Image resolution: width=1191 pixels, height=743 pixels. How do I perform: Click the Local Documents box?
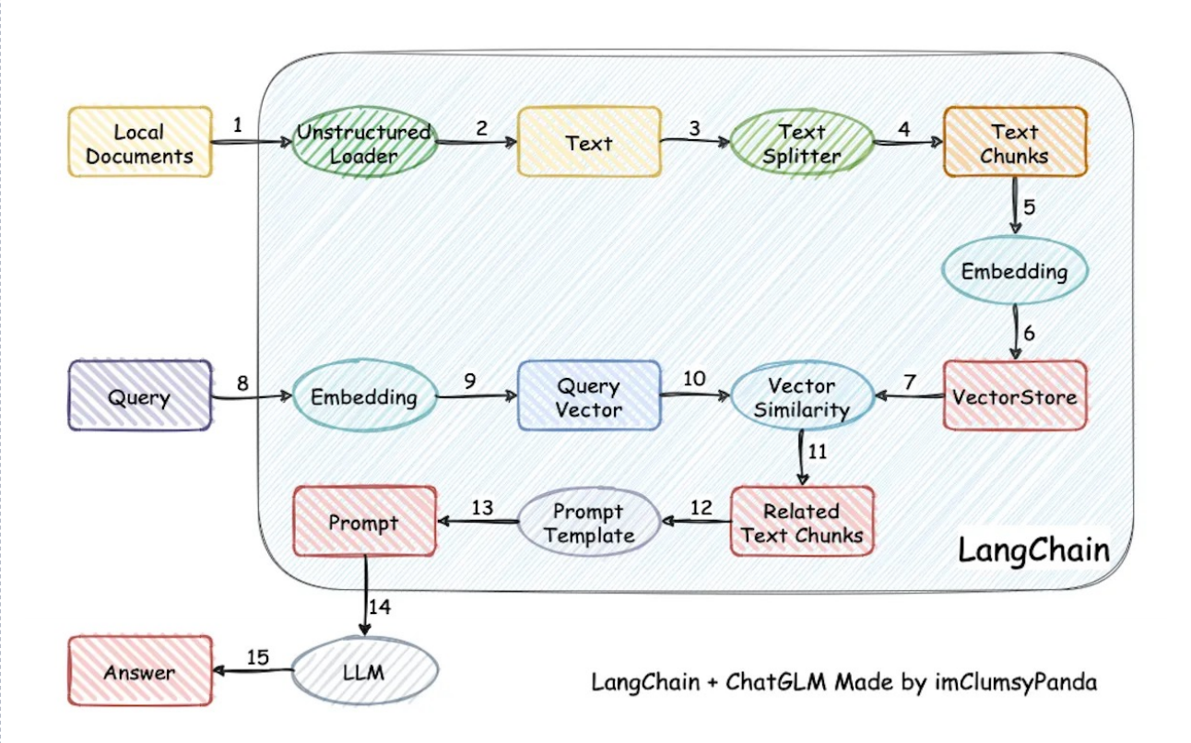[140, 142]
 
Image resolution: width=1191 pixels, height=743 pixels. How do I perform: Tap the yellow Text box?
[589, 142]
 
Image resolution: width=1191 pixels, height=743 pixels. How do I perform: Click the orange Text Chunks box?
[1014, 142]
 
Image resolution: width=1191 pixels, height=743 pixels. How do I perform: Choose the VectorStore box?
[1015, 395]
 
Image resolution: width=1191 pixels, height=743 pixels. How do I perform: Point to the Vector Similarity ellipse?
[801, 397]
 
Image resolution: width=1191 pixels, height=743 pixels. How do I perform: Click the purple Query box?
[140, 396]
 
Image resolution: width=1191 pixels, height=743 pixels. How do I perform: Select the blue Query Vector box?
[589, 396]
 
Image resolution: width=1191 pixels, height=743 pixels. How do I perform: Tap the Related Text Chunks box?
[802, 522]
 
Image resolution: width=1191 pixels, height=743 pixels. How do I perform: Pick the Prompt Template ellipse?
[588, 522]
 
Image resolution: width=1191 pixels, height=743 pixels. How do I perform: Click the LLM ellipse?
[366, 672]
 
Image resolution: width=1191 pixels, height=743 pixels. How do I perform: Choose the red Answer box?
[140, 671]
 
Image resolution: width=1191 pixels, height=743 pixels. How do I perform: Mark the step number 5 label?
[1030, 206]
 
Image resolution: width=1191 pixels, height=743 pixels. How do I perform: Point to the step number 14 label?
[380, 606]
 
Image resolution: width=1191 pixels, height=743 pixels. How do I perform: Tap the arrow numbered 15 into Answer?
[254, 671]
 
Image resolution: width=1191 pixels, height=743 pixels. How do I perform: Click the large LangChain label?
[1032, 550]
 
